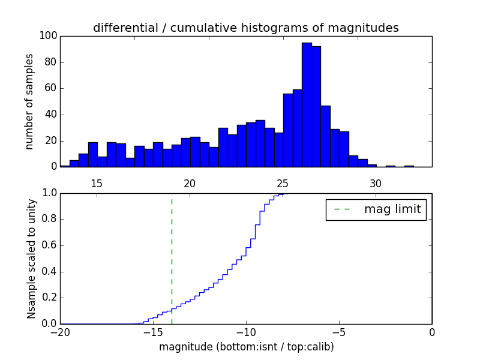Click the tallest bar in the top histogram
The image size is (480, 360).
point(307,105)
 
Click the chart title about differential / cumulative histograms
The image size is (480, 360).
point(245,28)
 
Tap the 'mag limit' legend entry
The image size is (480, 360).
point(376,209)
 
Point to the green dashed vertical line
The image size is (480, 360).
point(172,258)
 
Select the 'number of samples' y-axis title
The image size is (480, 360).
point(29,101)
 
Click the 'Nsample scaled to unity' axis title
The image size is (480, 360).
point(31,259)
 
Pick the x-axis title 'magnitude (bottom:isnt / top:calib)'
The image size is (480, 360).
point(246,347)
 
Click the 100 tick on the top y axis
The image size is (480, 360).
point(49,36)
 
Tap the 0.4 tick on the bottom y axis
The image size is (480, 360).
point(49,272)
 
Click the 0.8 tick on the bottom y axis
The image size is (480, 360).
point(49,220)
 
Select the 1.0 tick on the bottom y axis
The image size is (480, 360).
point(49,193)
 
